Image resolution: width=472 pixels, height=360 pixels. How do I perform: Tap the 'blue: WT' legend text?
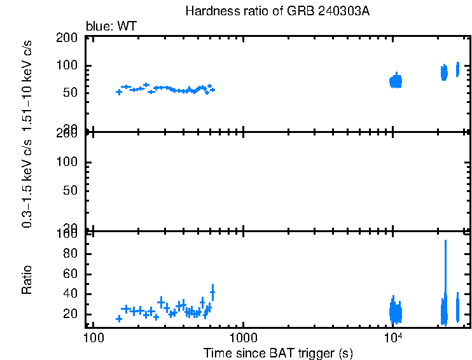click(111, 26)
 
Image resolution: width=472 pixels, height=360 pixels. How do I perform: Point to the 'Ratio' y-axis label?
click(27, 279)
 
